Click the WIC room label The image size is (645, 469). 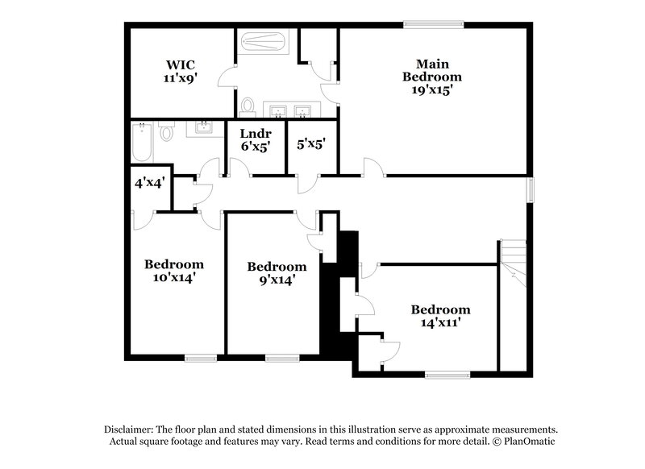coord(181,64)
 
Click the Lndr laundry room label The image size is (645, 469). coord(255,134)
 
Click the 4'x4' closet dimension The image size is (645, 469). coord(149,183)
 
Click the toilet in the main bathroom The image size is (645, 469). coord(248,106)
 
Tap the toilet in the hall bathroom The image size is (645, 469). coord(167,131)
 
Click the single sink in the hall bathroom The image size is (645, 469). coord(203,127)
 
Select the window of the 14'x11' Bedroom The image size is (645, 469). coord(447,375)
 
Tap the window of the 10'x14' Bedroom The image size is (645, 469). coord(200,358)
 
